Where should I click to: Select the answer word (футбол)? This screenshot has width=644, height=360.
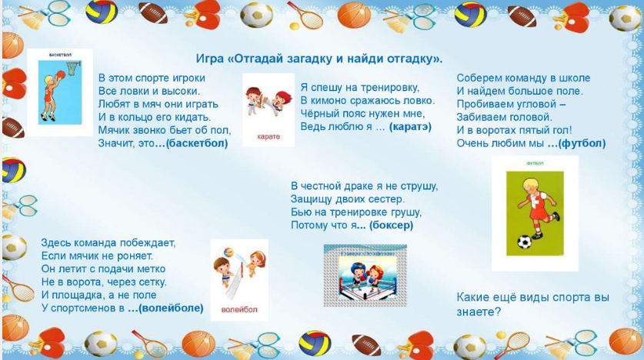tap(582, 143)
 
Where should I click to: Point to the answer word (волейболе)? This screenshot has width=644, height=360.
tap(173, 308)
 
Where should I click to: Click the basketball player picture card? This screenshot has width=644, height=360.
tap(59, 92)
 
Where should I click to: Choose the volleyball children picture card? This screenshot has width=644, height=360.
tap(239, 278)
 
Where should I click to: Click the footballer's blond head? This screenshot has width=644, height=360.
tap(531, 185)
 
